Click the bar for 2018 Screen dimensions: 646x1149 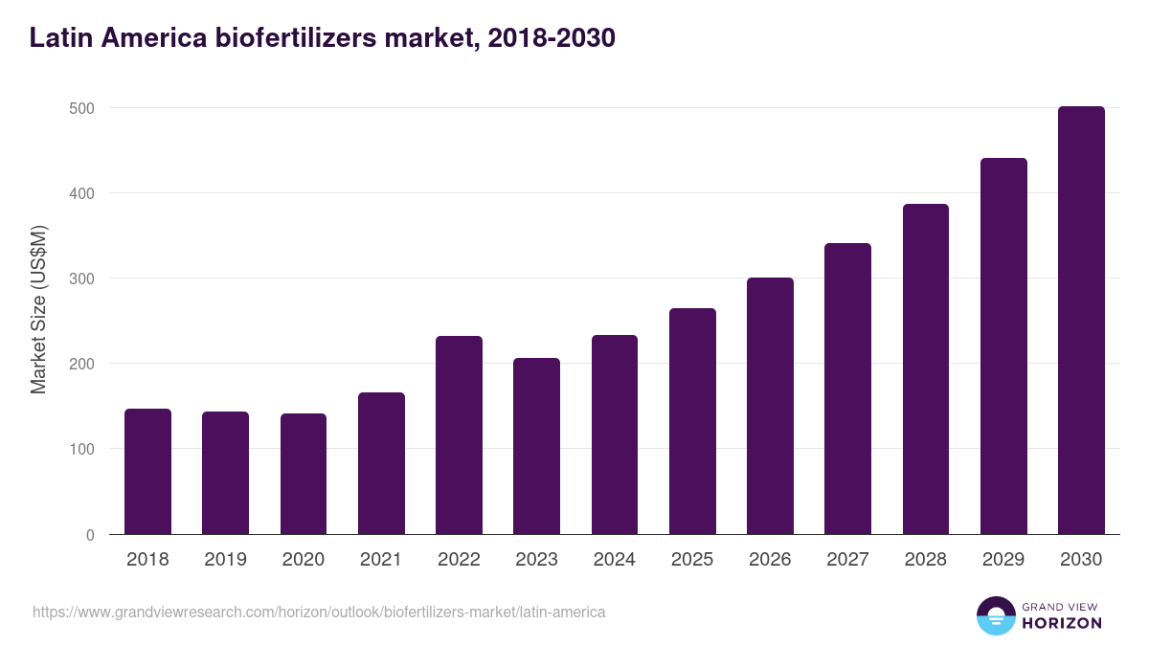pyautogui.click(x=147, y=472)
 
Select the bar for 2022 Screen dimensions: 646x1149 pyautogui.click(x=459, y=435)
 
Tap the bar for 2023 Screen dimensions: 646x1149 pyautogui.click(x=536, y=446)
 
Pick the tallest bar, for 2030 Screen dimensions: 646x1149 pyautogui.click(x=1081, y=321)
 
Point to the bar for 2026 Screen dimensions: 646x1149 pyautogui.click(x=770, y=406)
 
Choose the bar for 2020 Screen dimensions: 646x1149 pyautogui.click(x=304, y=474)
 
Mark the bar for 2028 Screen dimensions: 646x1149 pyautogui.click(x=925, y=369)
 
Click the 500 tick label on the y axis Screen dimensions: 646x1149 pyautogui.click(x=83, y=108)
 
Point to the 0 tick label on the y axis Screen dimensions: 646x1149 pyautogui.click(x=90, y=535)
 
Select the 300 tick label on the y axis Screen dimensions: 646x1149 pyautogui.click(x=83, y=278)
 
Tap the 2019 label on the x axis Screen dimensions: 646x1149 pyautogui.click(x=225, y=560)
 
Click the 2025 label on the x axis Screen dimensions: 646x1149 pyautogui.click(x=692, y=560)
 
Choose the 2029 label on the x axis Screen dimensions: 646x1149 pyautogui.click(x=1003, y=560)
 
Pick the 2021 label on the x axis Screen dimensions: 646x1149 pyautogui.click(x=381, y=560)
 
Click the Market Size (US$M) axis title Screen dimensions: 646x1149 pyautogui.click(x=38, y=310)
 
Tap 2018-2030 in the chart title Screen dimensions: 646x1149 pyautogui.click(x=551, y=38)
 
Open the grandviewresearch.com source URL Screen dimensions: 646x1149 pyautogui.click(x=319, y=612)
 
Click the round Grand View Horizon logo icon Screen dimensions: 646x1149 pyautogui.click(x=995, y=615)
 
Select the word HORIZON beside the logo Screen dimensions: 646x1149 pyautogui.click(x=1062, y=623)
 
